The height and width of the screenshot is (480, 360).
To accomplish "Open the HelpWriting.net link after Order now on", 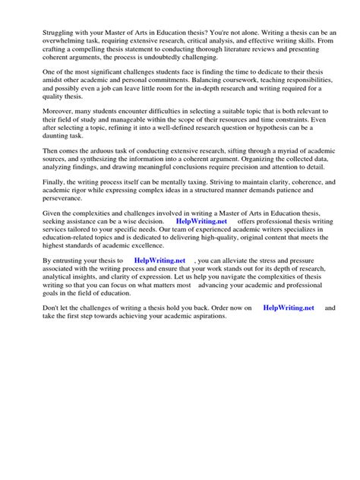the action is point(288,308).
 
